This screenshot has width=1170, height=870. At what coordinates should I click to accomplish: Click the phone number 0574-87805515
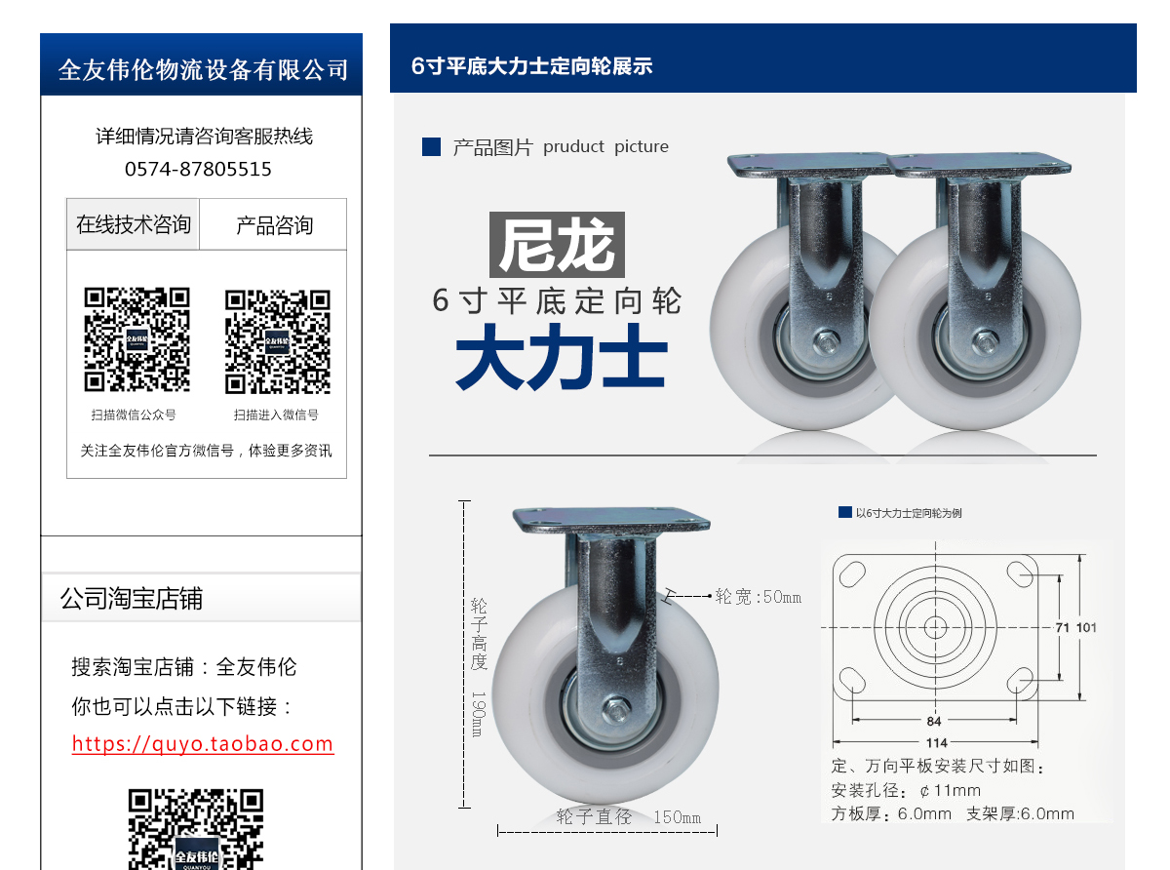(x=198, y=169)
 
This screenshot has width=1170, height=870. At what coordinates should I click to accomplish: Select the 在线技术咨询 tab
(x=134, y=224)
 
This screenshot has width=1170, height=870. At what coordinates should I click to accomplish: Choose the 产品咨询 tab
(x=274, y=225)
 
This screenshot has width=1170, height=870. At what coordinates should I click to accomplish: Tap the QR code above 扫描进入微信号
(x=278, y=341)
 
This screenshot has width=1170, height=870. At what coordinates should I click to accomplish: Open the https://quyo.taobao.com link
(x=203, y=744)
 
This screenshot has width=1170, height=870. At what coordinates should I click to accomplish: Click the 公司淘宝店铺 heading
(x=132, y=598)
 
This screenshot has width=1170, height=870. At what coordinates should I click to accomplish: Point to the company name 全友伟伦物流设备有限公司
(x=203, y=69)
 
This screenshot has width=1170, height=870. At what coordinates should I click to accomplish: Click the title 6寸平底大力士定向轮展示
(x=531, y=66)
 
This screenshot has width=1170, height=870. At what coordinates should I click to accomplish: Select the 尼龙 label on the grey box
(x=557, y=245)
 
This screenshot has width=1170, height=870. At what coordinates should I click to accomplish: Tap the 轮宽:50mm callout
(x=758, y=596)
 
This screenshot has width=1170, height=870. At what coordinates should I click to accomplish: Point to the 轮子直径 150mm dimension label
(x=629, y=817)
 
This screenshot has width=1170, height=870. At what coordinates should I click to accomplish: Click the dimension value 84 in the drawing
(x=934, y=722)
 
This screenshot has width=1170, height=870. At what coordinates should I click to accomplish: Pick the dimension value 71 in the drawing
(x=1063, y=627)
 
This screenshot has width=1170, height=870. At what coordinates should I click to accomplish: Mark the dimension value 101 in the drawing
(x=1086, y=627)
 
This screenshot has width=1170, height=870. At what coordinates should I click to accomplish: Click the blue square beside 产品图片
(x=431, y=147)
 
